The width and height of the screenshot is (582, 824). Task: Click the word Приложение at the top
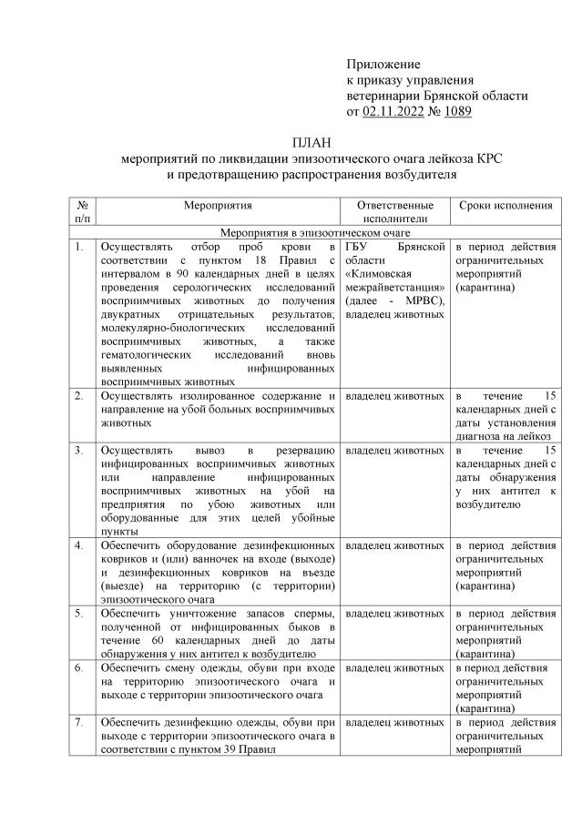pos(383,65)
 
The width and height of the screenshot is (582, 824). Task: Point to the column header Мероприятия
pos(217,207)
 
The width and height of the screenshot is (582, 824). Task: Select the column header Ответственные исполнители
pos(394,213)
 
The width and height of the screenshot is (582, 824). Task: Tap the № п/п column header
pos(82,213)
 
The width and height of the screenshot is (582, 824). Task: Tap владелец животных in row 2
pos(394,397)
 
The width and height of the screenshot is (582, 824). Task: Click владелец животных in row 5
pos(394,615)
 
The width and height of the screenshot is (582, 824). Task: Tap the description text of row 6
pos(217,681)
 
